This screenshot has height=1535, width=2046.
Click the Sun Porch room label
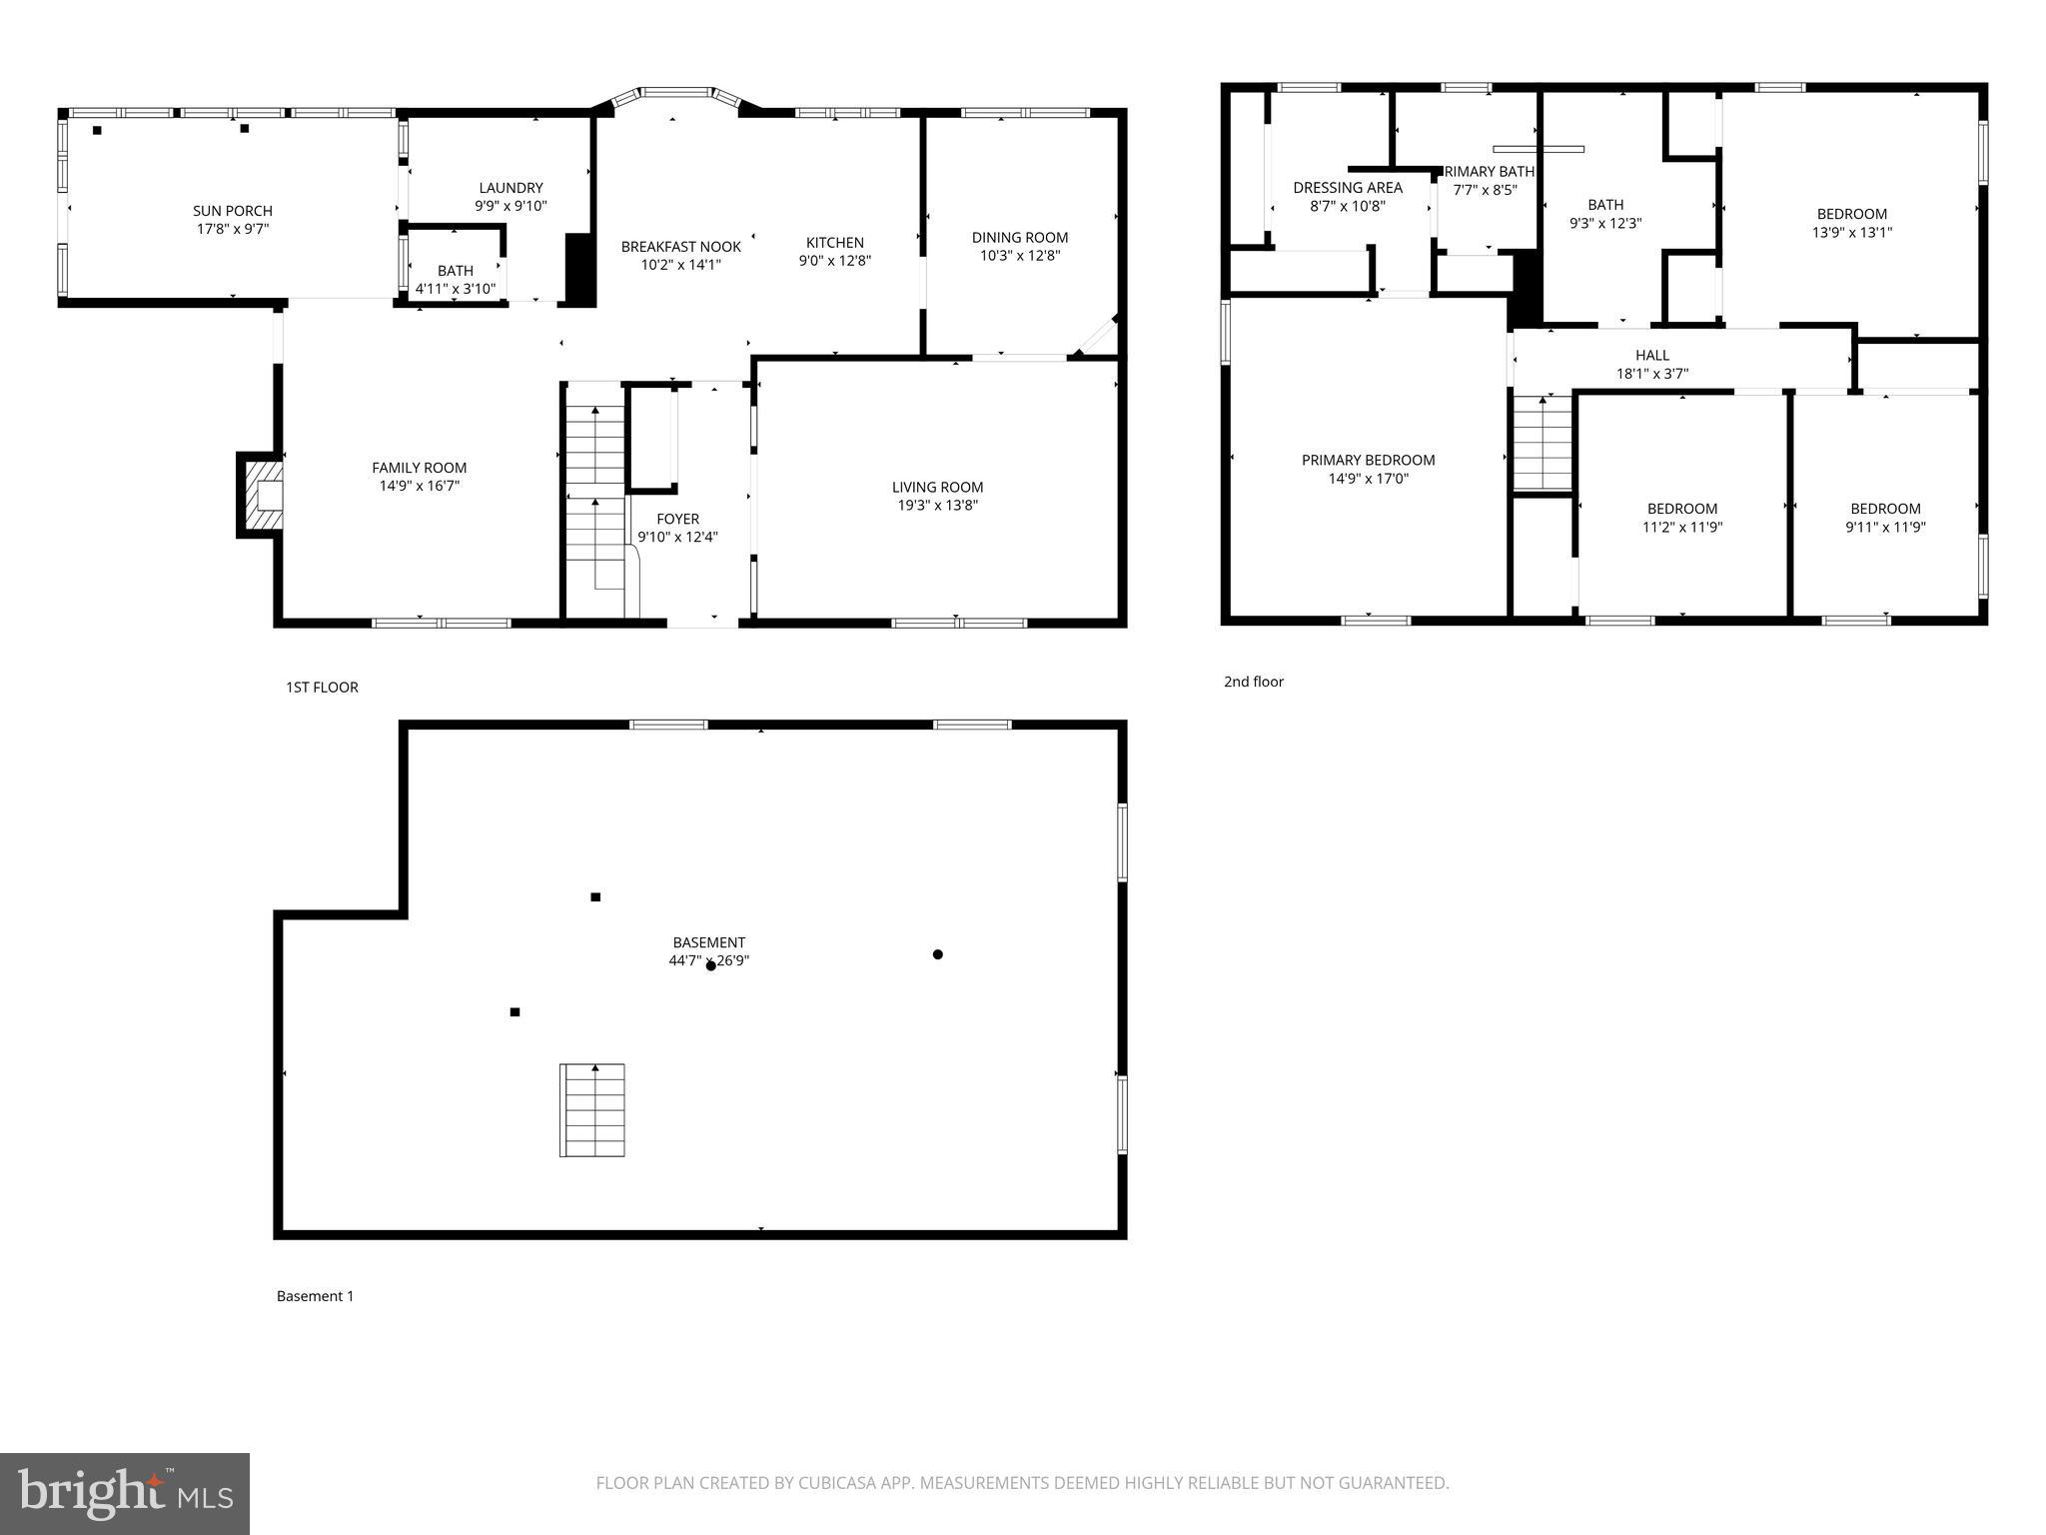(232, 211)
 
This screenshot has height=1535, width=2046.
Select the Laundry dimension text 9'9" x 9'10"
(511, 207)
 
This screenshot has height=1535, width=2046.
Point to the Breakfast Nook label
(680, 247)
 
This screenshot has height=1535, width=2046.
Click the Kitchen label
(834, 243)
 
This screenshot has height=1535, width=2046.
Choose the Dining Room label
(1019, 238)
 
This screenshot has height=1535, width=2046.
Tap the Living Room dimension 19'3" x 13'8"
(937, 506)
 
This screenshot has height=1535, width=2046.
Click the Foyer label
(677, 519)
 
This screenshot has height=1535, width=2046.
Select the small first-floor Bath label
(455, 271)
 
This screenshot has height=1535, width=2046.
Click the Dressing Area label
(1347, 188)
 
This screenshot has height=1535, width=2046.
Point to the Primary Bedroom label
(1368, 461)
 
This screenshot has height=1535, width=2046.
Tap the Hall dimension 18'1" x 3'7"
(1651, 374)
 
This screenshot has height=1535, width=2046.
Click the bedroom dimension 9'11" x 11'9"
(1884, 528)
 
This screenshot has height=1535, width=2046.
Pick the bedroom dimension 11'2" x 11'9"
(1681, 528)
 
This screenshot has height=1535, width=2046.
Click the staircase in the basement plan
(591, 1109)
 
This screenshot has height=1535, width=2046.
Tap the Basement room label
(708, 942)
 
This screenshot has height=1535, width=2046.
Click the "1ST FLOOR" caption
(322, 688)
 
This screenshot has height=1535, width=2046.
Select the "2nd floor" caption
(1253, 682)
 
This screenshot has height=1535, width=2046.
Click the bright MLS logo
(125, 1493)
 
